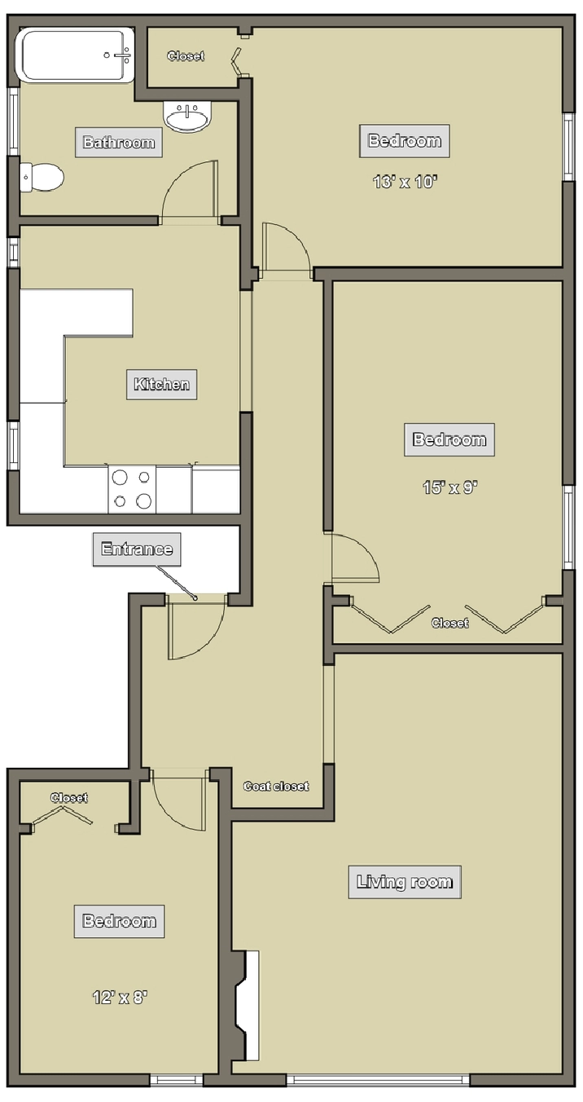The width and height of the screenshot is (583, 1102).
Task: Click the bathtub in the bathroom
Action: [75, 55]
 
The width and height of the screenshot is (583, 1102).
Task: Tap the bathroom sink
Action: [186, 117]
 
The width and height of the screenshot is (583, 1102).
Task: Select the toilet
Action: [42, 177]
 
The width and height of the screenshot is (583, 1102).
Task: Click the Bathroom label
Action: [118, 142]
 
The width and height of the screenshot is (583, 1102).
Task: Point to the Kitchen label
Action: [162, 384]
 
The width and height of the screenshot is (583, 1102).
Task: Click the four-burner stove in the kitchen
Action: [132, 489]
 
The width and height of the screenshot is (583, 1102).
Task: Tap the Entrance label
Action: [137, 549]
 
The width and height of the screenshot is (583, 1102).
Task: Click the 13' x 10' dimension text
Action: [405, 182]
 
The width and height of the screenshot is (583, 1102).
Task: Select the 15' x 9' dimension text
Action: [450, 487]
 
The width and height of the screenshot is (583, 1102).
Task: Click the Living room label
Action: [405, 882]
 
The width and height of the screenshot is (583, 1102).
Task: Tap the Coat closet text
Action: [276, 787]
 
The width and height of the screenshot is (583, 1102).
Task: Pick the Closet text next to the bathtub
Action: [186, 56]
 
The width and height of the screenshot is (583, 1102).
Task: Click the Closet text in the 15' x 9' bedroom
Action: [449, 623]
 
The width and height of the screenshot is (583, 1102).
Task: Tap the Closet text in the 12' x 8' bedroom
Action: [69, 797]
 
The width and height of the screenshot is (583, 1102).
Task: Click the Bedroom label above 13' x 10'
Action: [405, 141]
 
